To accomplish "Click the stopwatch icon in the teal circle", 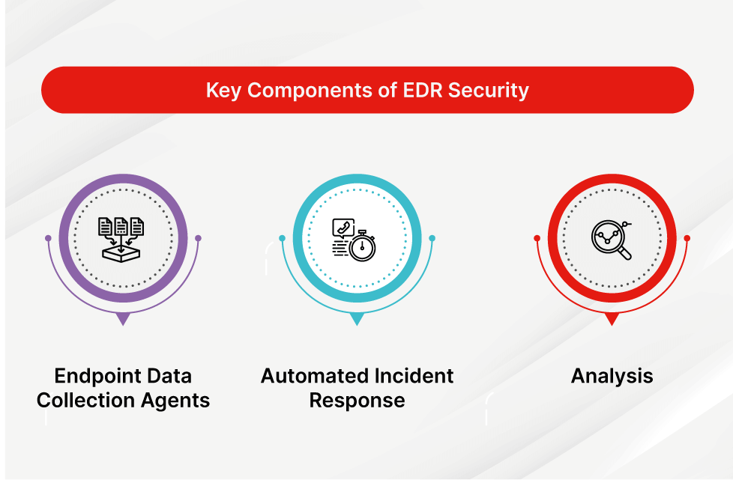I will (x=363, y=246).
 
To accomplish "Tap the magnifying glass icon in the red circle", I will (x=612, y=240).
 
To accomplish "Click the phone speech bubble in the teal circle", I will (x=343, y=228).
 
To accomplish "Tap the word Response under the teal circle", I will (x=357, y=400).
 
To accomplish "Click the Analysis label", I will (x=612, y=376).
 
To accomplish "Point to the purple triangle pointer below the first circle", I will (x=123, y=318).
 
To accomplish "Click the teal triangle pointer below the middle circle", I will (x=357, y=318).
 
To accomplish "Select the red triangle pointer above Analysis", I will (x=612, y=318).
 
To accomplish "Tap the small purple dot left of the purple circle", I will (x=48, y=238).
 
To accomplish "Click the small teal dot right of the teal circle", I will (x=432, y=238).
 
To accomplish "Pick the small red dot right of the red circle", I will (x=687, y=238).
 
